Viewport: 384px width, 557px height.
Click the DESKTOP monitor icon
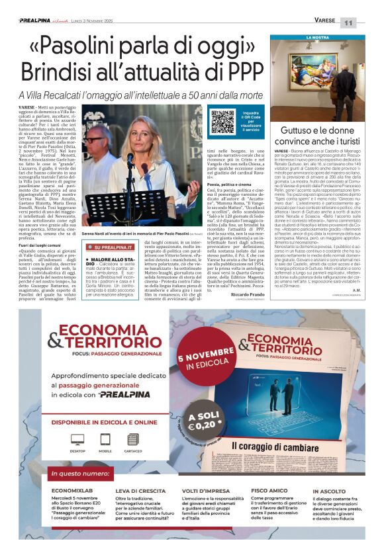coord(77,441)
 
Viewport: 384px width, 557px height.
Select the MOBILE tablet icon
coord(105,441)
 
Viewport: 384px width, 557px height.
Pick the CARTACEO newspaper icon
coord(132,441)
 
